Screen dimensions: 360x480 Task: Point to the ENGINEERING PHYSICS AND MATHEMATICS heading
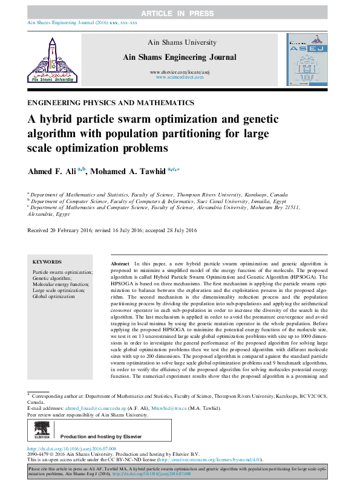(111, 103)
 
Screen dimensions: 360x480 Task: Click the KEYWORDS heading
(47, 262)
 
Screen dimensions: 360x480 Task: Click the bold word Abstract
(120, 265)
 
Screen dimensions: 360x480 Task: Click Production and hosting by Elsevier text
(101, 436)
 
